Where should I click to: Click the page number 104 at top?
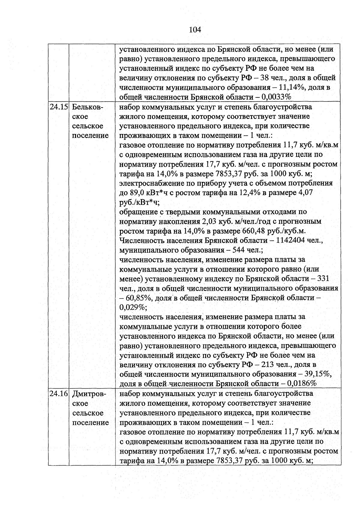[x=195, y=30]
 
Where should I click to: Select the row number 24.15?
[x=59, y=107]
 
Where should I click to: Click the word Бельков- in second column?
[x=87, y=107]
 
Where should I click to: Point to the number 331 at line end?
[x=323, y=279]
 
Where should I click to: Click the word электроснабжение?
[x=153, y=183]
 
